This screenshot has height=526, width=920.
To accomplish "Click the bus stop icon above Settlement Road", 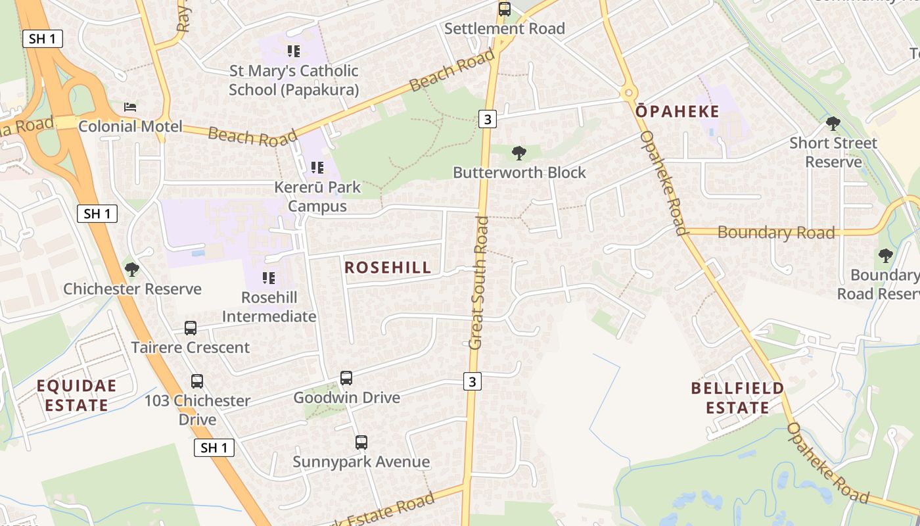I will pyautogui.click(x=504, y=9).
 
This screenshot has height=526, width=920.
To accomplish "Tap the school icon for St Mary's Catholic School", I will pyautogui.click(x=294, y=51).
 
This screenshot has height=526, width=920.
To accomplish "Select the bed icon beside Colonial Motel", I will pyautogui.click(x=130, y=107).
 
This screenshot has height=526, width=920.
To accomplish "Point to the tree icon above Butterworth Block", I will pyautogui.click(x=518, y=153).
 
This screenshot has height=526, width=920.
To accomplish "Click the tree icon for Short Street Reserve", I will pyautogui.click(x=833, y=123).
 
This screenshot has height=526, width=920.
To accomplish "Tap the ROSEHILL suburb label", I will pyautogui.click(x=388, y=267).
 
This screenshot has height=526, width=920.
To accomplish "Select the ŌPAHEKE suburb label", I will pyautogui.click(x=678, y=112).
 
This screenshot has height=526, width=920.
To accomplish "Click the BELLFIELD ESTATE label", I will pyautogui.click(x=737, y=398).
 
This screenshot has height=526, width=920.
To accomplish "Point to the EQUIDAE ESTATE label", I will pyautogui.click(x=76, y=395).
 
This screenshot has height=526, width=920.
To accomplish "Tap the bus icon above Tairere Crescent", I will pyautogui.click(x=191, y=327).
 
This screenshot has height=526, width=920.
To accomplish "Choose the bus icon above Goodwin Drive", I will pyautogui.click(x=346, y=378).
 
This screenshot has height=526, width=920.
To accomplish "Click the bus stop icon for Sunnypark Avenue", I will pyautogui.click(x=361, y=442).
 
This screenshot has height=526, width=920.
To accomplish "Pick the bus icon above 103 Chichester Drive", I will pyautogui.click(x=196, y=381).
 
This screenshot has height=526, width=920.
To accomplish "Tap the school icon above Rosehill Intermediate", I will pyautogui.click(x=269, y=278).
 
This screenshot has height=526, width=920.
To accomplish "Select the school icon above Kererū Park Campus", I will pyautogui.click(x=317, y=168).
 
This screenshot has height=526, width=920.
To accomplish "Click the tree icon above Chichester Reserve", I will pyautogui.click(x=132, y=269).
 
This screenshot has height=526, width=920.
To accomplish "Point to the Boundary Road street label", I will pyautogui.click(x=776, y=232).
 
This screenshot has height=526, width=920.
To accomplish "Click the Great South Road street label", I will pyautogui.click(x=480, y=283).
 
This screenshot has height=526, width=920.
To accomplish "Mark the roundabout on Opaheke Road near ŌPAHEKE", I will pyautogui.click(x=628, y=93).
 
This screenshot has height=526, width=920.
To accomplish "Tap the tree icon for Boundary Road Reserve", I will pyautogui.click(x=885, y=255).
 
